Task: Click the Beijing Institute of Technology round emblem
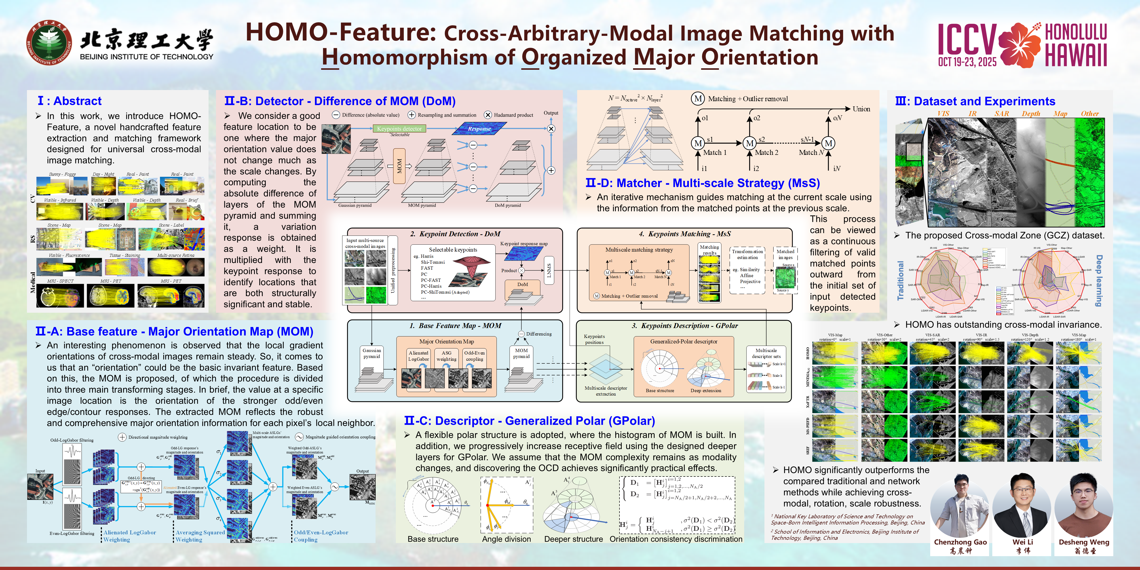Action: [x=49, y=43]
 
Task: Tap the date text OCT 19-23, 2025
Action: [x=967, y=62]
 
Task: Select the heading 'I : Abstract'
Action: [x=70, y=101]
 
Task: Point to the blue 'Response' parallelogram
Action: [x=479, y=129]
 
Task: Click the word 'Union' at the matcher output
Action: [x=861, y=109]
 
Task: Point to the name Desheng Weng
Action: [x=1084, y=542]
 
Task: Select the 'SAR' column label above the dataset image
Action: [x=1001, y=114]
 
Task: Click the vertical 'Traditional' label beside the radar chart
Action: [x=900, y=281]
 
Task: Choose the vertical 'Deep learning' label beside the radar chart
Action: [x=1099, y=281]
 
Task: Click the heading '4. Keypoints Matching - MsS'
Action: [x=685, y=234]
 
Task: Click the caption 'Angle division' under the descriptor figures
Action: [x=506, y=539]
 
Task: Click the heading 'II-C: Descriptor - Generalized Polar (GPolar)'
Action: [x=529, y=421]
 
